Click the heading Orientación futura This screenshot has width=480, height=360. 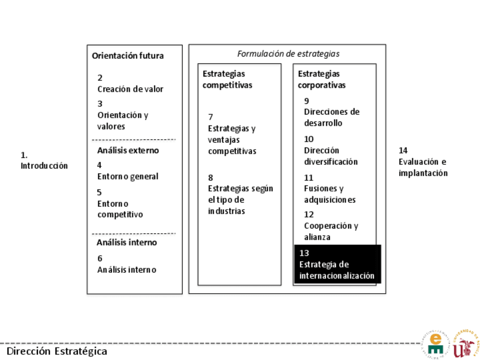(x=127, y=55)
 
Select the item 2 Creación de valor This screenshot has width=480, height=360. (x=130, y=83)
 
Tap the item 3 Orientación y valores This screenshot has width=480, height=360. (x=122, y=115)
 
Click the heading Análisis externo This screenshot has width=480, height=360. (x=127, y=150)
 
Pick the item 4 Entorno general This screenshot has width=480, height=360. (x=127, y=171)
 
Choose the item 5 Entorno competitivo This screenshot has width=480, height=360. (x=119, y=203)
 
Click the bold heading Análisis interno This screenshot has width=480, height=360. (x=126, y=242)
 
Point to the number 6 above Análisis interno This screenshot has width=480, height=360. (x=100, y=258)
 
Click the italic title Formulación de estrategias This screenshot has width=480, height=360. (x=288, y=54)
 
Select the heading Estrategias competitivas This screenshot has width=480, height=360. (x=228, y=79)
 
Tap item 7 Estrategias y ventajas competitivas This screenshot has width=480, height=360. (x=232, y=134)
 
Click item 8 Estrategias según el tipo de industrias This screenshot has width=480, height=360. (x=240, y=194)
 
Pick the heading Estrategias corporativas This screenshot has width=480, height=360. (x=322, y=79)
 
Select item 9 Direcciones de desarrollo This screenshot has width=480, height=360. (x=331, y=112)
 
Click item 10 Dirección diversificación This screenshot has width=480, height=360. (x=331, y=151)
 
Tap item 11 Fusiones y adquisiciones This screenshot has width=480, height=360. (x=329, y=188)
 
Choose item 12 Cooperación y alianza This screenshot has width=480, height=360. (x=331, y=226)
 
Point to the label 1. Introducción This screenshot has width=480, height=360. (x=44, y=160)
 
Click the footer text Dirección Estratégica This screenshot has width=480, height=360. (x=57, y=351)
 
